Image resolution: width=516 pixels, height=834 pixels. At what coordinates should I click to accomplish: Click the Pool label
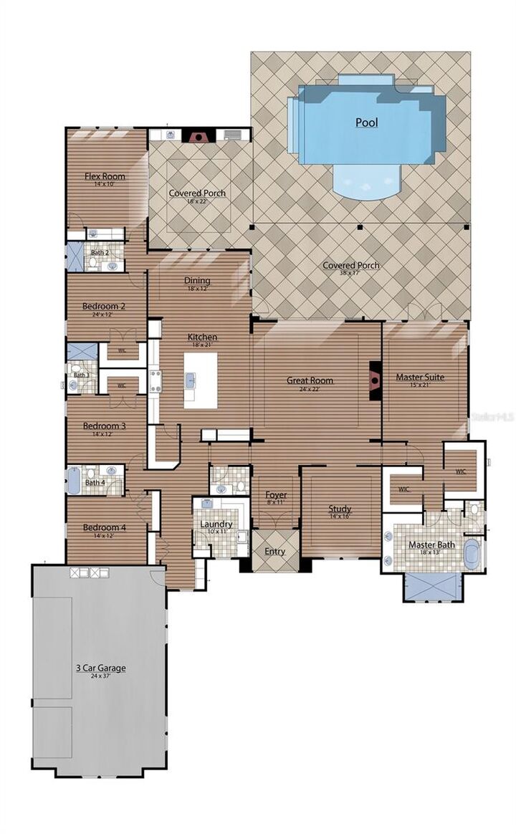click(366, 123)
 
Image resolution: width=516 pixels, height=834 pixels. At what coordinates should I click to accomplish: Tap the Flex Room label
click(105, 176)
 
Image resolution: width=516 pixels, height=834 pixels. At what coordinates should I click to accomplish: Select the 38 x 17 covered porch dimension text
click(350, 275)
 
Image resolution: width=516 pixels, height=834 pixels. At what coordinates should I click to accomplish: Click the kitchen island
click(200, 380)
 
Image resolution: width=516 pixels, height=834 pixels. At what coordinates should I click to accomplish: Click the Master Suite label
click(420, 377)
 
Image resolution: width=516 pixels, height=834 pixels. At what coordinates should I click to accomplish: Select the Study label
click(340, 509)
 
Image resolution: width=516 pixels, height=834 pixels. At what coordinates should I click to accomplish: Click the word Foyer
click(276, 494)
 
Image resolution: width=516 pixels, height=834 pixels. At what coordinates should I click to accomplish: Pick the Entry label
click(274, 551)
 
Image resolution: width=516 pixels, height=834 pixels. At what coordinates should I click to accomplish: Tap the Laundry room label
click(216, 524)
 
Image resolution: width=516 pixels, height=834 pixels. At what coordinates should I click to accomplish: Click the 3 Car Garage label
click(100, 668)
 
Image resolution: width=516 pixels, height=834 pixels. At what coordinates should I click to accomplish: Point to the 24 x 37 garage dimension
click(100, 676)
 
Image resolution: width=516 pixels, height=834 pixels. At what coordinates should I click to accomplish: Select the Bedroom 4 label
click(104, 528)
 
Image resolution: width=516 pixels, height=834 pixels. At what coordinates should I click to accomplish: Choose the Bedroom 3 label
click(104, 426)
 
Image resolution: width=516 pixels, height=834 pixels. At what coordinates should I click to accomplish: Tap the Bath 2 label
click(100, 252)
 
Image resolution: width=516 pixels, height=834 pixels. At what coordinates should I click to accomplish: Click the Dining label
click(198, 280)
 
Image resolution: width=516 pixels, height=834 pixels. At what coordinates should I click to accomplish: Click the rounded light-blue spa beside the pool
click(367, 181)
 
